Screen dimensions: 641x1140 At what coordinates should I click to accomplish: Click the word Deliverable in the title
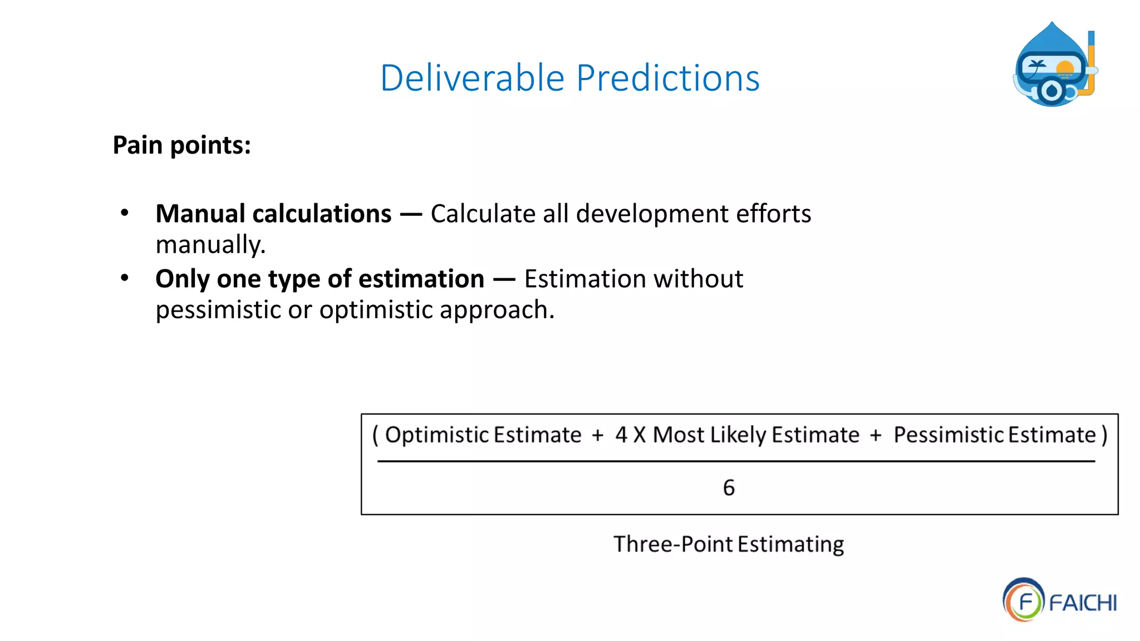pyautogui.click(x=472, y=78)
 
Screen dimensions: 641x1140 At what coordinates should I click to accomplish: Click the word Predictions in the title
pyautogui.click(x=667, y=78)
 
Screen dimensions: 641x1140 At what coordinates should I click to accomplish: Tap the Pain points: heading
pyautogui.click(x=181, y=145)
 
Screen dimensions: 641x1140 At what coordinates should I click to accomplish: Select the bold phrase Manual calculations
pyautogui.click(x=273, y=214)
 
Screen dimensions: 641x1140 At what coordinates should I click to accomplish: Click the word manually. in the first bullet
pyautogui.click(x=210, y=245)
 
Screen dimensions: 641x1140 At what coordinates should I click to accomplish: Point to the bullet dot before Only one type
pyautogui.click(x=125, y=277)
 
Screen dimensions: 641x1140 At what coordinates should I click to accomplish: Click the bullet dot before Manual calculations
pyautogui.click(x=125, y=212)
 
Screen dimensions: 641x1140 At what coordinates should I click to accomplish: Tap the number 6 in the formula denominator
pyautogui.click(x=729, y=488)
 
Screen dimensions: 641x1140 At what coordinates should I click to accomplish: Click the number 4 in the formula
pyautogui.click(x=621, y=435)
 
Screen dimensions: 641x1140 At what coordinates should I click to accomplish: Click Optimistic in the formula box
pyautogui.click(x=436, y=435)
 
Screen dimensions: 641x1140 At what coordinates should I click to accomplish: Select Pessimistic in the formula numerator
pyautogui.click(x=949, y=435)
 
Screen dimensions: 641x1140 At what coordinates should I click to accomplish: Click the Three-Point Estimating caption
pyautogui.click(x=728, y=544)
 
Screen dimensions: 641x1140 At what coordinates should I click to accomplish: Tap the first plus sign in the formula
pyautogui.click(x=598, y=435)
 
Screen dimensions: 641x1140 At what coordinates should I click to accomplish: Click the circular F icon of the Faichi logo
pyautogui.click(x=1023, y=600)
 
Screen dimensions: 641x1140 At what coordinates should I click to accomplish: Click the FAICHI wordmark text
pyautogui.click(x=1083, y=603)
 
